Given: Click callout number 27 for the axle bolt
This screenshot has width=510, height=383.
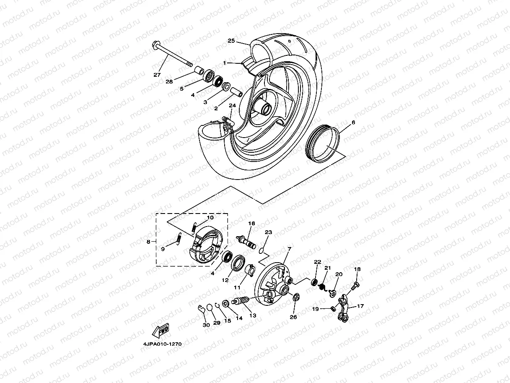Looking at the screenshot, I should tap(157, 75).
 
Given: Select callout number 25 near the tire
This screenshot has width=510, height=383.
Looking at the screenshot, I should tap(231, 41).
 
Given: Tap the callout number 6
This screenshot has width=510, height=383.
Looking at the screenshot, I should tap(353, 122).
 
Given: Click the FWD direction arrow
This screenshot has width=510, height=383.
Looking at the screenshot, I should tap(161, 331).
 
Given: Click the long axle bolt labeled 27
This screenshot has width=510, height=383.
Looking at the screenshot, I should tap(172, 55).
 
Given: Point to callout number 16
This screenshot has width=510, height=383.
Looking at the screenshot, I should tap(251, 224).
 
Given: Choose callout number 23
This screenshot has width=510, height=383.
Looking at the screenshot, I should tap(268, 232).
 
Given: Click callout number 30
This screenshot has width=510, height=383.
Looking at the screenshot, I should tap(206, 325).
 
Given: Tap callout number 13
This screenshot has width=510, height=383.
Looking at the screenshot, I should tap(252, 315).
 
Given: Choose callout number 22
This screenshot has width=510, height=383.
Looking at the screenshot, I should tap(317, 262).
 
